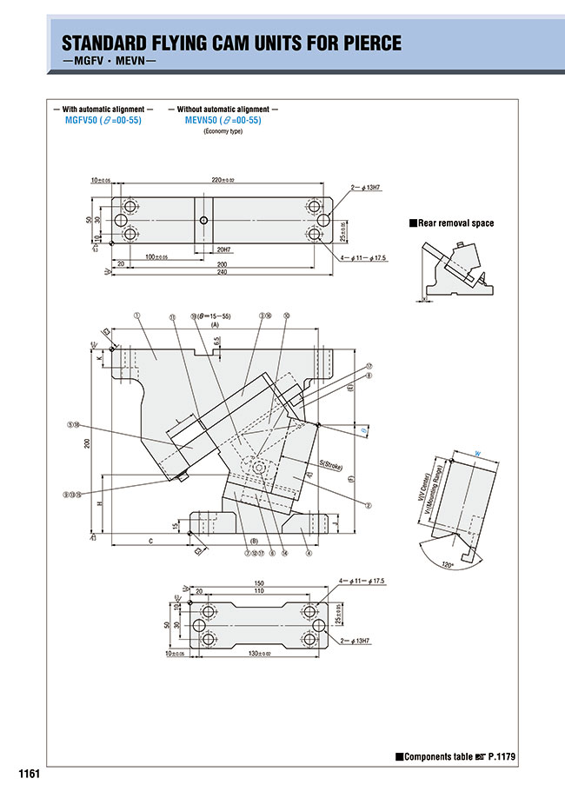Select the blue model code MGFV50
coord(83,120)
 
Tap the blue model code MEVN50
coord(203,120)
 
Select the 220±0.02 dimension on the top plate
coord(223,180)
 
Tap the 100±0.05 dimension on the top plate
coord(156,256)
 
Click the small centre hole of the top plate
coord(203,221)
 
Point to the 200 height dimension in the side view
coord(87,443)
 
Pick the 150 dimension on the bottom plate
coord(258,582)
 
